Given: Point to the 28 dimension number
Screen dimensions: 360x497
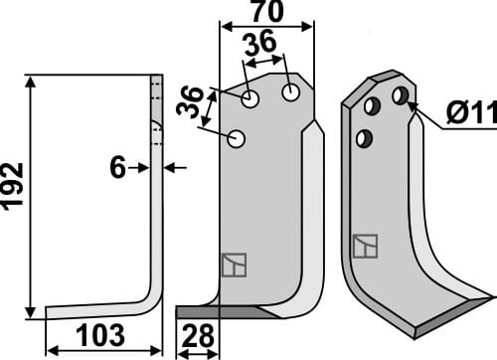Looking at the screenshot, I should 199,338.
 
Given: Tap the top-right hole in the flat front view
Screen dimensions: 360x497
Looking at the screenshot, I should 290,91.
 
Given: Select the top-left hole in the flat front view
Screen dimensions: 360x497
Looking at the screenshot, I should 251,99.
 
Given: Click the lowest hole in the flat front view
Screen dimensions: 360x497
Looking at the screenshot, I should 237,139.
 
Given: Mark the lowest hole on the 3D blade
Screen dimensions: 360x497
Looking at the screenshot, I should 365,137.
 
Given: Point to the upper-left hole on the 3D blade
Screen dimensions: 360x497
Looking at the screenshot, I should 372,104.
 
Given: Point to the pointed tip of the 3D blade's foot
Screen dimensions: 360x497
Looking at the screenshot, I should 489,295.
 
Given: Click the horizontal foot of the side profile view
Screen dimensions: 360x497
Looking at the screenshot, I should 99,311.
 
